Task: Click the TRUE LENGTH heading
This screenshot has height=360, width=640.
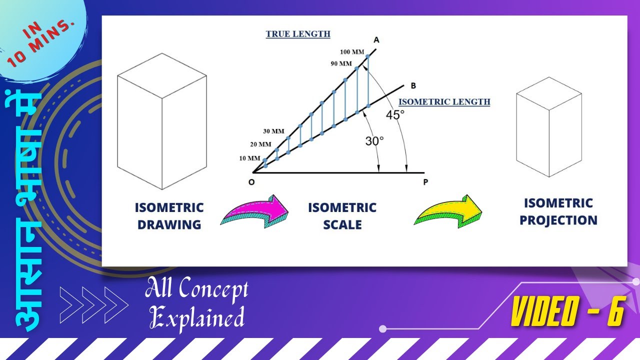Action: pos(297,34)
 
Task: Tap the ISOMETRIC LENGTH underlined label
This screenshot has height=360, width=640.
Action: pos(444,102)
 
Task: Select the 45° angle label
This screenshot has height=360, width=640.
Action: pos(395,114)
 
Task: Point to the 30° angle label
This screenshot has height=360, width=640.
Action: pos(374,141)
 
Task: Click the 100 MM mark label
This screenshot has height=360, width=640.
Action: pos(351,52)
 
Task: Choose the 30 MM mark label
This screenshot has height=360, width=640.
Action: pos(273,131)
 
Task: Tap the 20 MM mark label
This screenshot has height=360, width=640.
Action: pos(260,144)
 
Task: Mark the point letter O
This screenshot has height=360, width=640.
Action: pos(251,182)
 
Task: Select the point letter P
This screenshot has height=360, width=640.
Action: pos(425,182)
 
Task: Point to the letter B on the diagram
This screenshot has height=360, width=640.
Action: pos(413,85)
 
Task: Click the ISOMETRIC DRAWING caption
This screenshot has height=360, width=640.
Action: pos(169,216)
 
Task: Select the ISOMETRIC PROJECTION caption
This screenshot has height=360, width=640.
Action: pos(558,211)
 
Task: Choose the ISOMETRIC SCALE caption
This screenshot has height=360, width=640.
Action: pos(342,216)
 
